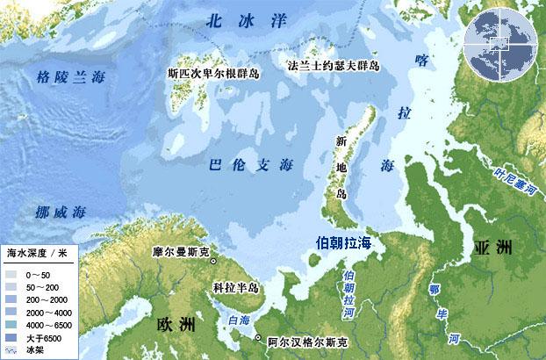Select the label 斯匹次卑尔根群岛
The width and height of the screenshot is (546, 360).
[217, 75]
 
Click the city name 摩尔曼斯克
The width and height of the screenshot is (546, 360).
[180, 253]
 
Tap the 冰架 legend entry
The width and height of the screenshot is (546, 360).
[30, 350]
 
